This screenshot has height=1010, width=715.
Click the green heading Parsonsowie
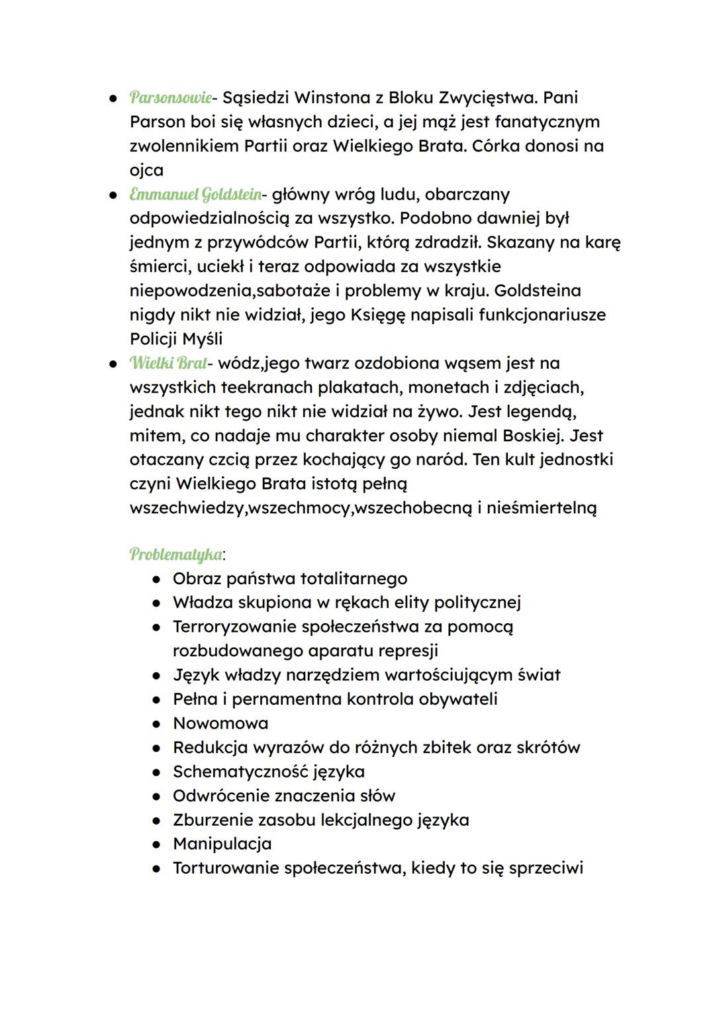[171, 97]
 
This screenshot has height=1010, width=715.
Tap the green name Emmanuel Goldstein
[195, 194]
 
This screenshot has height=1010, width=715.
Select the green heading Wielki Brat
[168, 363]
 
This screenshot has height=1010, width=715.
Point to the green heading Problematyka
[175, 554]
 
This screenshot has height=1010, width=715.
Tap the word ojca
[146, 170]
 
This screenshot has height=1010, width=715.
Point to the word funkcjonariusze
[542, 315]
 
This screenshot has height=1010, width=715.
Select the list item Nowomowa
[220, 723]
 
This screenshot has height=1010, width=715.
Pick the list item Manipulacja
[222, 844]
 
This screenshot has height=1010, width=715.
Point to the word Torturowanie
[226, 868]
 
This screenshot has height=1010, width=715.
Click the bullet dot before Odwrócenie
[157, 796]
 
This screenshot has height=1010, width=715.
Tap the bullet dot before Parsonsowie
[114, 98]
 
